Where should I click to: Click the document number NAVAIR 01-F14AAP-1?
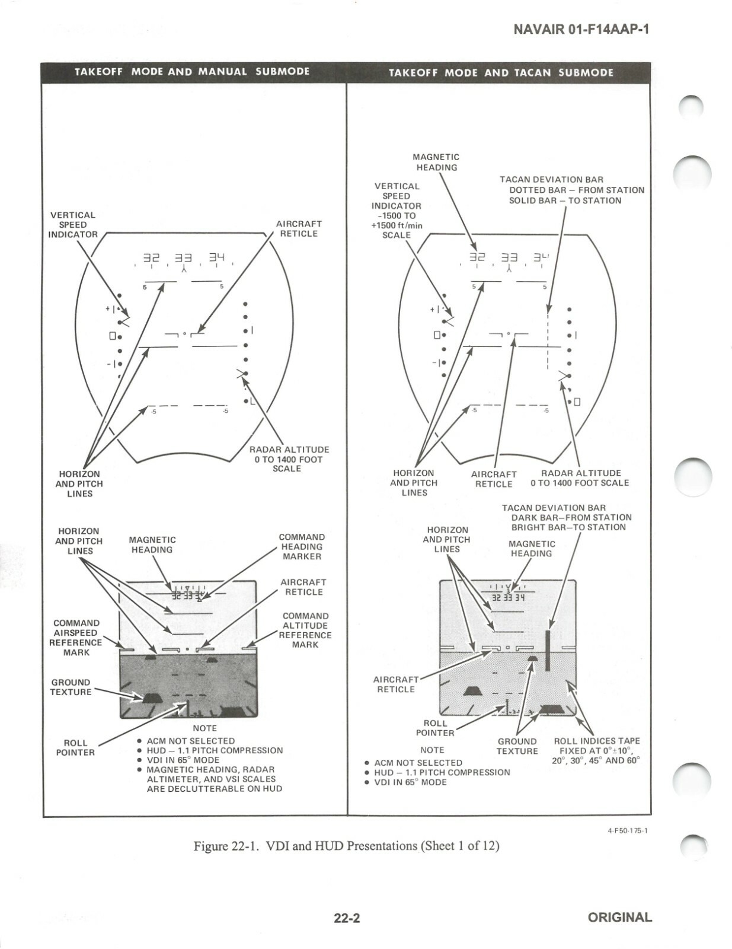point(581,29)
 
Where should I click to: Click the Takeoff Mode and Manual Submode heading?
point(192,72)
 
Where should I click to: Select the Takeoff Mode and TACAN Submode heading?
point(501,72)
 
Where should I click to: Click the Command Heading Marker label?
point(302,546)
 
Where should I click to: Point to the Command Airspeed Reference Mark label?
point(76,638)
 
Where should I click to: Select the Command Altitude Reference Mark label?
point(305,630)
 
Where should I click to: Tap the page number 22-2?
point(347,918)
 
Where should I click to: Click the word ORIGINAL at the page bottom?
point(619,918)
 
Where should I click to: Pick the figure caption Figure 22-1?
point(346,846)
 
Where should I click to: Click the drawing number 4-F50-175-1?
point(627,830)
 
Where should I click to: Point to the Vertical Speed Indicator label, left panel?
point(72,225)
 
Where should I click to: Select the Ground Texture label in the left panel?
point(71,687)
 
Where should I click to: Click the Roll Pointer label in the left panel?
point(75,747)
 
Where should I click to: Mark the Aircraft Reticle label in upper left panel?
point(298,228)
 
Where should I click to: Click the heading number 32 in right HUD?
point(477,257)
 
